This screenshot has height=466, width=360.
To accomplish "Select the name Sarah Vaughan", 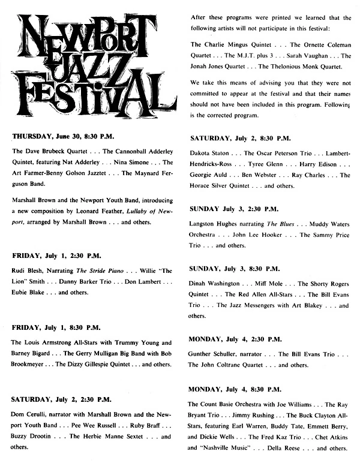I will pos(303,56).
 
